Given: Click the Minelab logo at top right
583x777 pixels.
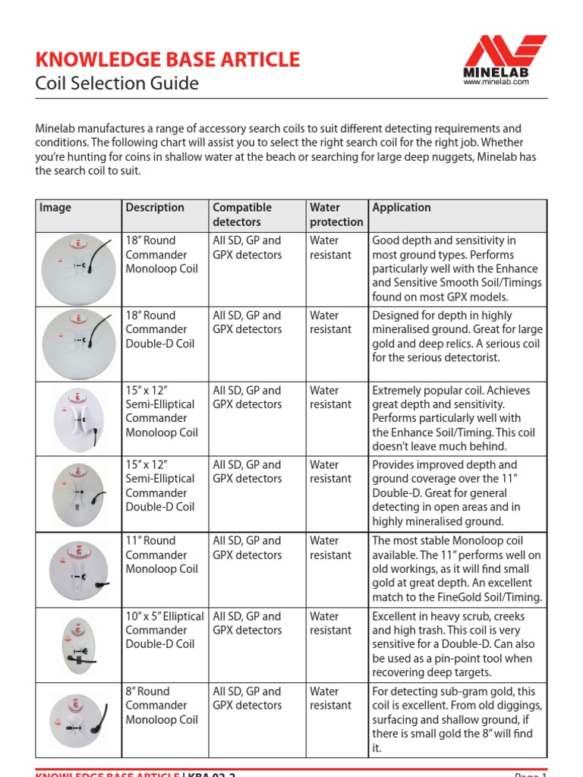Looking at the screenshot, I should pos(496,56).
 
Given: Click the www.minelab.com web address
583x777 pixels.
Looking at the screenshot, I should pos(496,82).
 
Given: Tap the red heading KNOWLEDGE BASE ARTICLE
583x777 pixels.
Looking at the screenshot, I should pos(168,59).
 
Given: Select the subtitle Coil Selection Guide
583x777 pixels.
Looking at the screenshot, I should pos(117,83).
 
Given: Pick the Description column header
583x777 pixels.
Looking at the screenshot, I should pos(155,207).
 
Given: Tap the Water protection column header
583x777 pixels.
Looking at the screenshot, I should pos(336,215).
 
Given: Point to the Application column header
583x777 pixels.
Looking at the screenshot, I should pos(402,207).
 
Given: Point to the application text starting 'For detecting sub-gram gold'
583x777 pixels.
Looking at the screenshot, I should pos(457,719).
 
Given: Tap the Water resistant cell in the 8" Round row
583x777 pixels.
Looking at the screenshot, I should pos(331,698).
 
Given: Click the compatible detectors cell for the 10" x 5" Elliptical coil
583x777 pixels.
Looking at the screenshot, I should pos(247,623).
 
